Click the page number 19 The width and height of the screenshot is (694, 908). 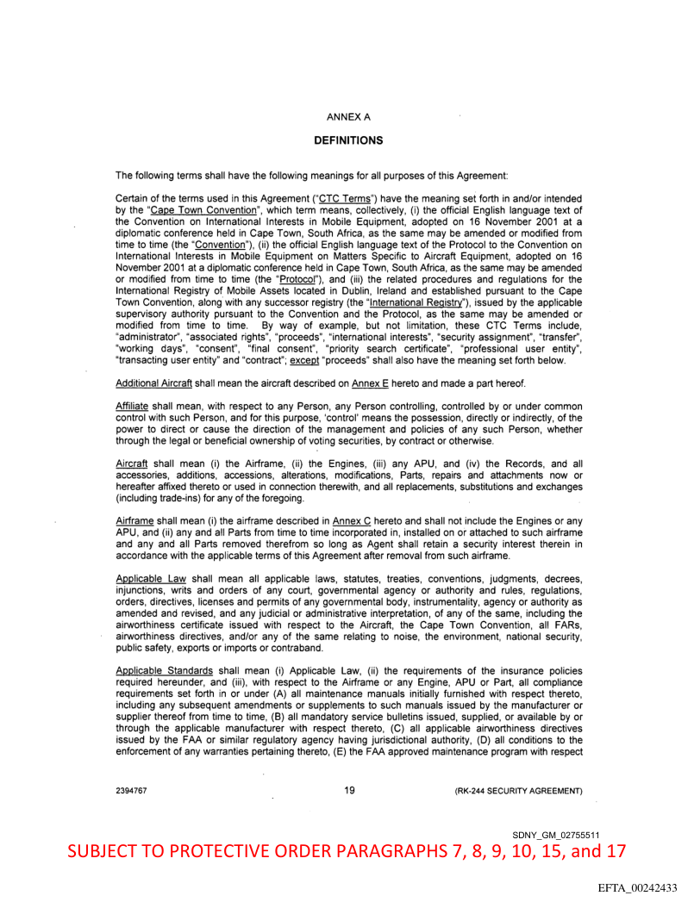click(x=349, y=789)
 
